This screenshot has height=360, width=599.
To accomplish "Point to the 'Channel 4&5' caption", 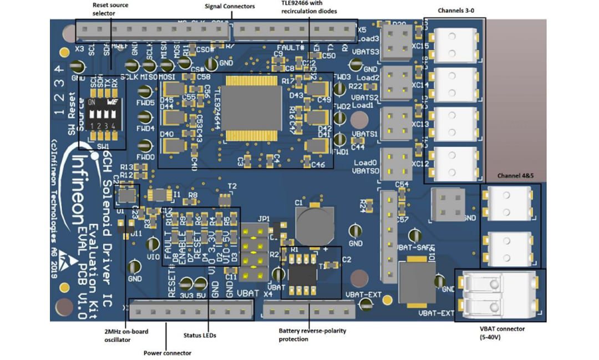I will [516, 176].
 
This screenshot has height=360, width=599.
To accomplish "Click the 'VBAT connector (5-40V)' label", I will [500, 333].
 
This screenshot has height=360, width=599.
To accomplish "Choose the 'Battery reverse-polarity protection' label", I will [312, 334].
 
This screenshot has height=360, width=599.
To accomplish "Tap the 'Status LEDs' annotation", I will [200, 336].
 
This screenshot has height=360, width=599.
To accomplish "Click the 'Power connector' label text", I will [167, 353].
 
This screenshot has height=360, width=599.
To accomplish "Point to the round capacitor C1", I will [314, 222].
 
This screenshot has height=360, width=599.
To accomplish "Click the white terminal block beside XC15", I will [453, 45].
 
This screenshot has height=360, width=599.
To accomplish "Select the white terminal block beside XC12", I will [453, 164].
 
